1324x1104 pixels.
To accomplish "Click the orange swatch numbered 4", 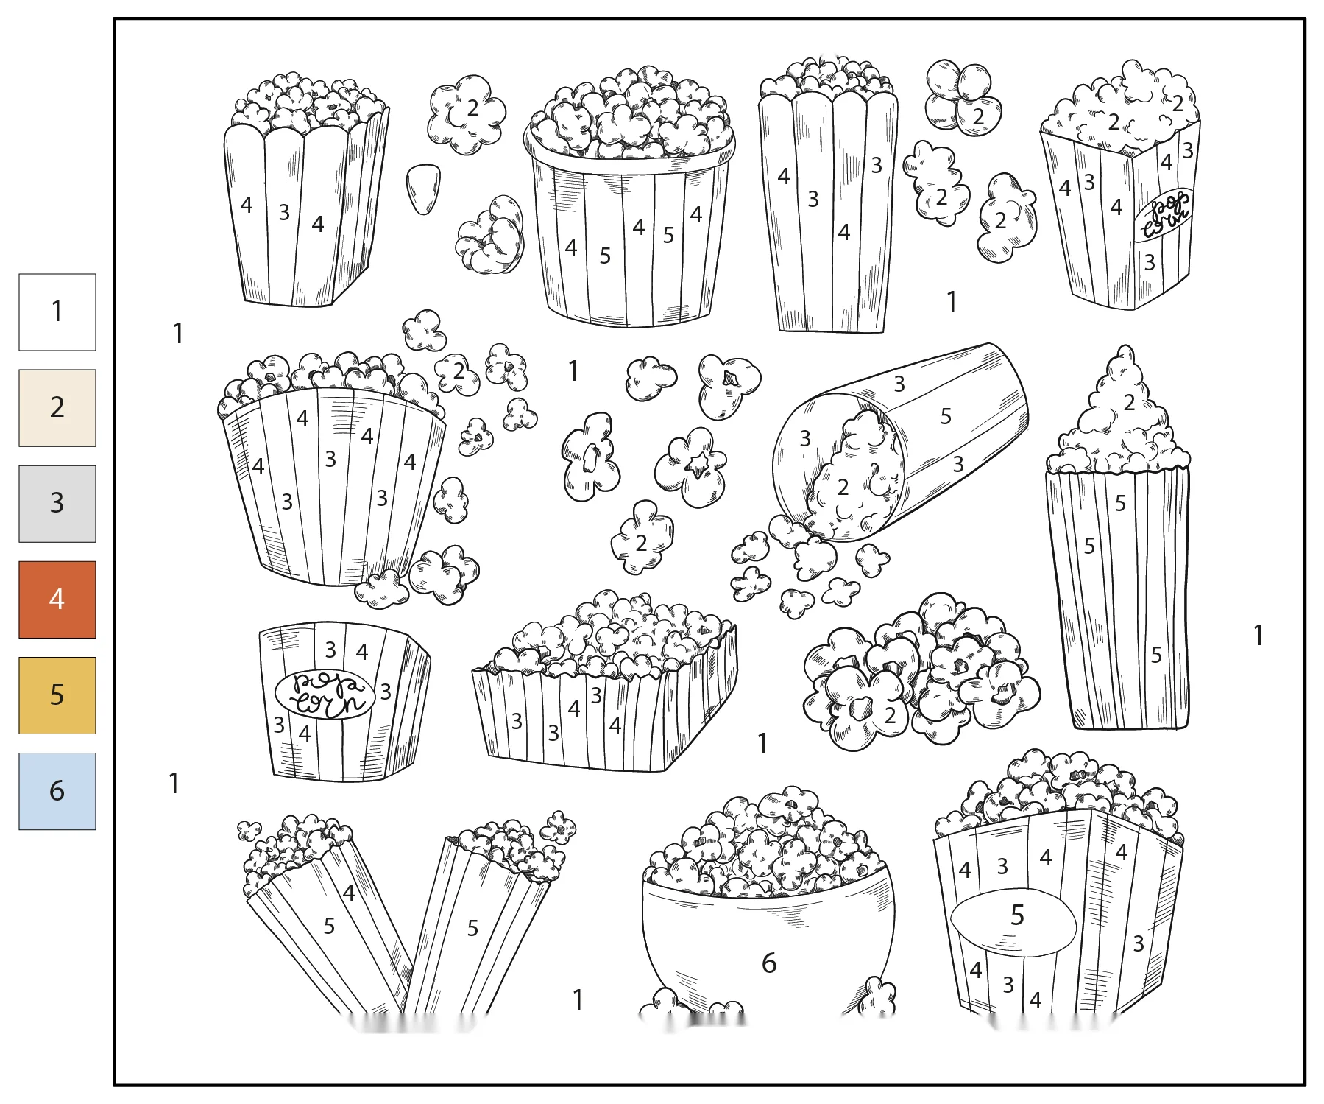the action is coord(57,600).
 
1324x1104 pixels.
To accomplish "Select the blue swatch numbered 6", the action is coord(57,791).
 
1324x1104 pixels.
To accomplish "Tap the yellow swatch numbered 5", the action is coord(57,695).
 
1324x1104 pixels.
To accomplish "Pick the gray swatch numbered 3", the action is coord(57,504).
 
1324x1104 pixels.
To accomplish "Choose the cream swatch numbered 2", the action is coord(57,408).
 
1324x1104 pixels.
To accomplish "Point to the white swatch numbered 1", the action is coord(57,312).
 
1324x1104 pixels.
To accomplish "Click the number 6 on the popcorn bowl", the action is coord(769,963).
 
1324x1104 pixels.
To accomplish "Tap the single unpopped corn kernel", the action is coord(423,189).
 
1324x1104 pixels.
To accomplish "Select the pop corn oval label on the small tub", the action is coord(325,694).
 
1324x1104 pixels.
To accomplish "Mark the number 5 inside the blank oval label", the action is coord(1017,915).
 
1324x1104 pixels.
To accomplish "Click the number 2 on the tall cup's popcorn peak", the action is coord(1130,402).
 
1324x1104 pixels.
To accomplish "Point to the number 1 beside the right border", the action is coord(1258,635).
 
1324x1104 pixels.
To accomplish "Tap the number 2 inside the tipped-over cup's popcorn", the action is coord(843,487).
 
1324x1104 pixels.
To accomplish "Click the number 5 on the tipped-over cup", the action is coord(946,416).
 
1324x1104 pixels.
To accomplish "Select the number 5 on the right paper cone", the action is coord(472,928).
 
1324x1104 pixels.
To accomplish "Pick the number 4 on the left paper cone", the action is coord(349,893).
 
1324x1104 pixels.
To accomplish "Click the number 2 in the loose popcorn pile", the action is coord(890,714).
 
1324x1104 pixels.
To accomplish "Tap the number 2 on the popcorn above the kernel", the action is coord(472,108).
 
